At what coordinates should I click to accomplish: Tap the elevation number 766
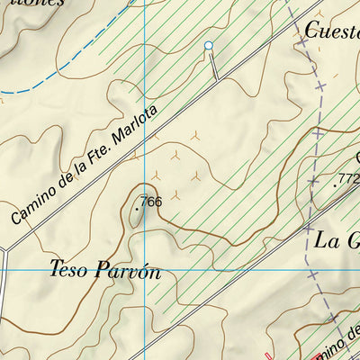(151, 202)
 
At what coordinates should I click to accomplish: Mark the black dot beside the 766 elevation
(137, 207)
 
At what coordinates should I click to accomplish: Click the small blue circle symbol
(209, 45)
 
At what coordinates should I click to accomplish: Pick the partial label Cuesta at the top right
(331, 30)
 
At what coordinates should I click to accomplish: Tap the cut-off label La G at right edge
(336, 240)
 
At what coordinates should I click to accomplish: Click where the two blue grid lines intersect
(144, 269)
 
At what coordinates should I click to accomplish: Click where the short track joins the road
(217, 80)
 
